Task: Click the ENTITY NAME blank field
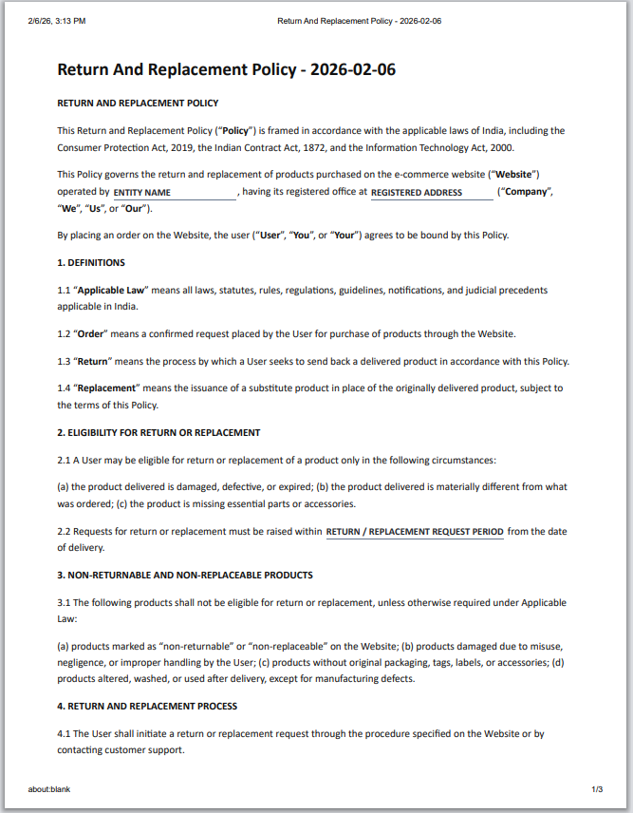174,193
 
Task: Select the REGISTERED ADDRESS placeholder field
432,193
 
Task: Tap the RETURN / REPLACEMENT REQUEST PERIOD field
415,532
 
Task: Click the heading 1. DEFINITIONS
91,262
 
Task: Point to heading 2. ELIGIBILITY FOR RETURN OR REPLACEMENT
158,432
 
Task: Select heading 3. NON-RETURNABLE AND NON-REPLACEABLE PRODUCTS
185,575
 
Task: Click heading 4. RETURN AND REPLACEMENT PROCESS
147,706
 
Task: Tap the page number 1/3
597,789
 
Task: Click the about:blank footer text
49,789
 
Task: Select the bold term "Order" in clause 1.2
93,333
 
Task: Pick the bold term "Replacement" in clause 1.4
107,388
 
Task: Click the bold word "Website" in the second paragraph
516,174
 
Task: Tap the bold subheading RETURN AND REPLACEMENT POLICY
138,103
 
